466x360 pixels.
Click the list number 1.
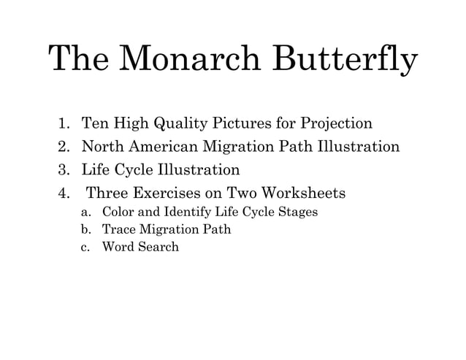click(x=64, y=123)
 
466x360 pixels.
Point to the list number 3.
click(x=64, y=170)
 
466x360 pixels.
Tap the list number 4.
click(x=64, y=194)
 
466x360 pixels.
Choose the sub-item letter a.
click(x=85, y=212)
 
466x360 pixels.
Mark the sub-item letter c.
click(x=85, y=247)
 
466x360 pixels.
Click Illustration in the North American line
click(x=354, y=147)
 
